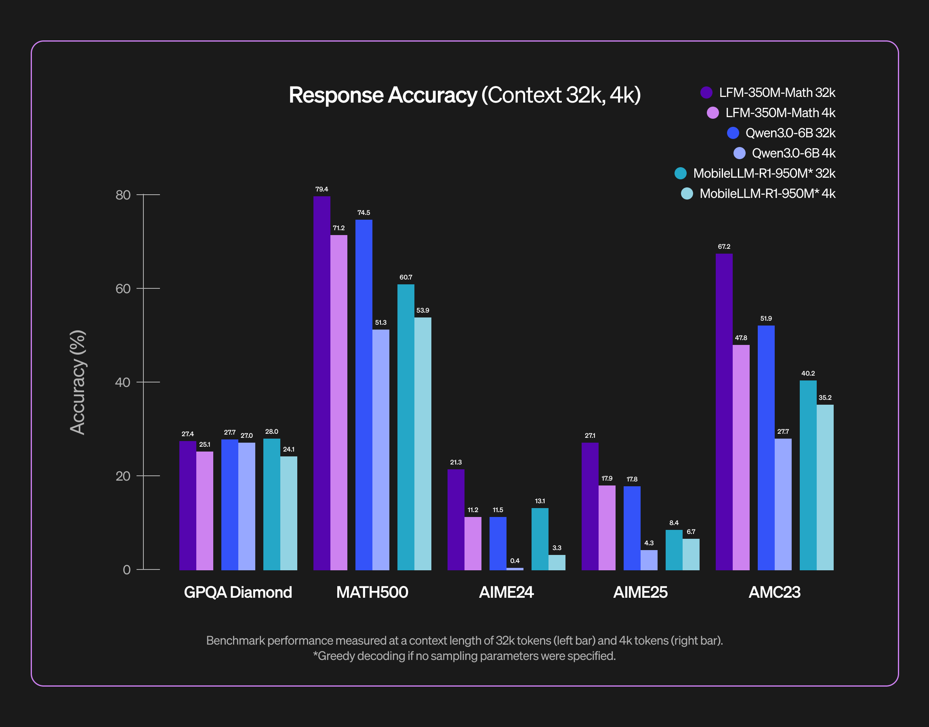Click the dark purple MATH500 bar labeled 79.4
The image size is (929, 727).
click(x=322, y=383)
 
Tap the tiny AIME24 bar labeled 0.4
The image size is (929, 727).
click(x=515, y=569)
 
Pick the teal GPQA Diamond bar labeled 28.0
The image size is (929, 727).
click(x=271, y=504)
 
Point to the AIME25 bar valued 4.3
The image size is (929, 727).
click(x=649, y=560)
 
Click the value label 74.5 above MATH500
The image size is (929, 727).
click(x=364, y=212)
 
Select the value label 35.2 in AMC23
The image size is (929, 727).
click(x=825, y=397)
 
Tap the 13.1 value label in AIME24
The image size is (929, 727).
click(x=540, y=501)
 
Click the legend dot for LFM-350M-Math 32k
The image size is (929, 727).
click(x=706, y=92)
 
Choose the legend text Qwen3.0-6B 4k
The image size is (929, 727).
click(x=793, y=153)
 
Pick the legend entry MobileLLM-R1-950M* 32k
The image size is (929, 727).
click(x=764, y=173)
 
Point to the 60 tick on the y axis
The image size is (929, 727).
click(x=123, y=289)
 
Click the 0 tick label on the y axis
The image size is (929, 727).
click(x=126, y=569)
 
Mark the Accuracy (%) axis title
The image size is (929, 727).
click(x=78, y=382)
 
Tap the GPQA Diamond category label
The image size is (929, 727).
click(x=238, y=592)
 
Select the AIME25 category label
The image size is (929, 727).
click(x=640, y=592)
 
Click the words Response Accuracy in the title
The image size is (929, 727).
click(x=383, y=95)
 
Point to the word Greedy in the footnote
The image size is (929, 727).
click(x=336, y=656)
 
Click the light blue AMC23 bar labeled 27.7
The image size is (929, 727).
click(x=783, y=504)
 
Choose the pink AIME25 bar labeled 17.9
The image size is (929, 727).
click(x=607, y=528)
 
